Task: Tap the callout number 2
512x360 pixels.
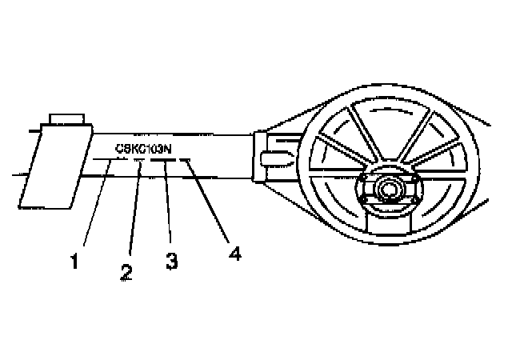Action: point(126,270)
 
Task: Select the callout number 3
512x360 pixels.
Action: point(170,260)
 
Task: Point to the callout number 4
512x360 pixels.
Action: point(234,253)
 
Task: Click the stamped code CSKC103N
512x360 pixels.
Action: point(146,147)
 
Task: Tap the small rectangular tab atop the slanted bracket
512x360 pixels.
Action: point(66,119)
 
